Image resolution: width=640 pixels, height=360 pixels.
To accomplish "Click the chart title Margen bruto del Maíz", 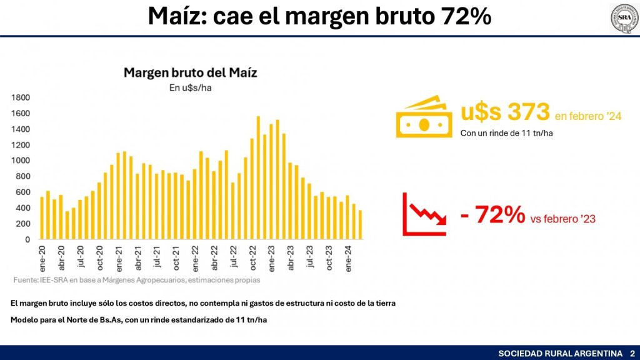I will point(190,72).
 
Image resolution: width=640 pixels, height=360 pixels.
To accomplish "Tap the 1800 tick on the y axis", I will point(21,97).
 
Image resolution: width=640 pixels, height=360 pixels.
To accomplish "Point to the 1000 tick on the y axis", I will point(21,161).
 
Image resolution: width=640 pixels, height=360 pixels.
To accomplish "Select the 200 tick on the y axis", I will point(22,224).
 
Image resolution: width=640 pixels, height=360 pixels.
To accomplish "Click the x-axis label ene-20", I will point(42,256).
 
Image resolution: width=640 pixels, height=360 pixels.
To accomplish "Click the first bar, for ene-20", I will point(42,218).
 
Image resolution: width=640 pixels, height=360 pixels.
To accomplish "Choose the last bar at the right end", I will point(360,225).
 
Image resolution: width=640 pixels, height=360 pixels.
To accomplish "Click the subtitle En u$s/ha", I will point(190,88).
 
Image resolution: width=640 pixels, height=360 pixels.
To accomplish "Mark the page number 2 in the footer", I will point(632,354).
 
